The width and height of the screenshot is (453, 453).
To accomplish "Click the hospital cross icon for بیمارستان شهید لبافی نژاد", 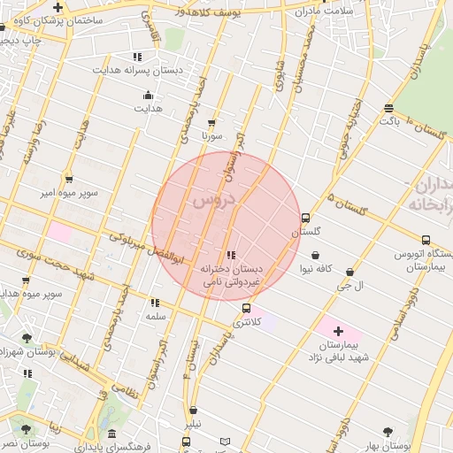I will tap(338, 331).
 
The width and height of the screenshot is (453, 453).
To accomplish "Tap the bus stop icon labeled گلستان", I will tap(306, 218).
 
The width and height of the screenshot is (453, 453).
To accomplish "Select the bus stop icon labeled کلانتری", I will tap(246, 309).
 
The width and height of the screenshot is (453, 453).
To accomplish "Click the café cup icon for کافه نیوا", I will tap(316, 256).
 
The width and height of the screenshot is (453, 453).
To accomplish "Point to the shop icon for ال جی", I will tap(350, 273).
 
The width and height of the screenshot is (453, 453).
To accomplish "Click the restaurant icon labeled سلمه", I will tap(156, 303).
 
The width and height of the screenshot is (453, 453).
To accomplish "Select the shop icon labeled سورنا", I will tap(211, 123).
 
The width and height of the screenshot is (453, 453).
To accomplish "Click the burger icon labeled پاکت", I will tap(389, 109).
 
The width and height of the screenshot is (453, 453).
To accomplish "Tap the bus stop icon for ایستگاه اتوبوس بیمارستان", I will tap(426, 240).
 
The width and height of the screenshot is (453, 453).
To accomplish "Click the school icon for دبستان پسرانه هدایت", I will tap(137, 57).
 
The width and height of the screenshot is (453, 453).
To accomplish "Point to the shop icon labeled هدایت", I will tap(147, 96).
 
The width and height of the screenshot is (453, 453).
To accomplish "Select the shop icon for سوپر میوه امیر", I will tap(69, 178).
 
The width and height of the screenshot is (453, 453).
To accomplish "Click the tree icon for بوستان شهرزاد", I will tap(27, 338).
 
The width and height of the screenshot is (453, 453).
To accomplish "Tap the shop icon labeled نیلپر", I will tap(193, 411).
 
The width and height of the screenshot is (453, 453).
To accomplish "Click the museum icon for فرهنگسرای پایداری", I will tap(112, 434).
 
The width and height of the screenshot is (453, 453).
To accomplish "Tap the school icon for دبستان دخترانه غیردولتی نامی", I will tap(231, 255).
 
